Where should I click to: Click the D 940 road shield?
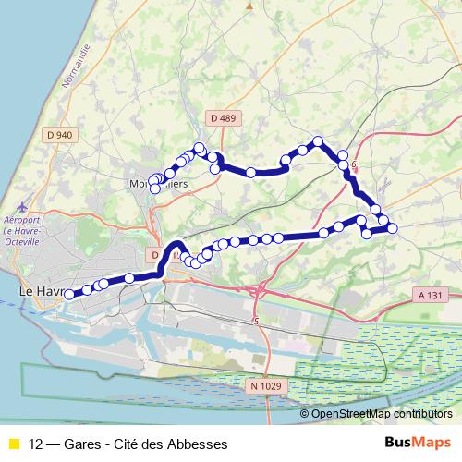tap(57, 135)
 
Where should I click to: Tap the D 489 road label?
tap(223, 118)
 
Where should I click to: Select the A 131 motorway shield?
tap(426, 295)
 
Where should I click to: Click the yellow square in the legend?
tap(14, 444)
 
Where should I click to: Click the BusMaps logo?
tap(418, 443)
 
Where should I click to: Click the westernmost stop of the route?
tap(68, 294)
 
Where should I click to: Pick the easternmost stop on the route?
tap(393, 228)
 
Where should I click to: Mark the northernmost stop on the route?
tap(319, 141)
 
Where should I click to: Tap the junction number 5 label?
tap(256, 321)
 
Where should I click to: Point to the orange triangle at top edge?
tap(249, 5)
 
